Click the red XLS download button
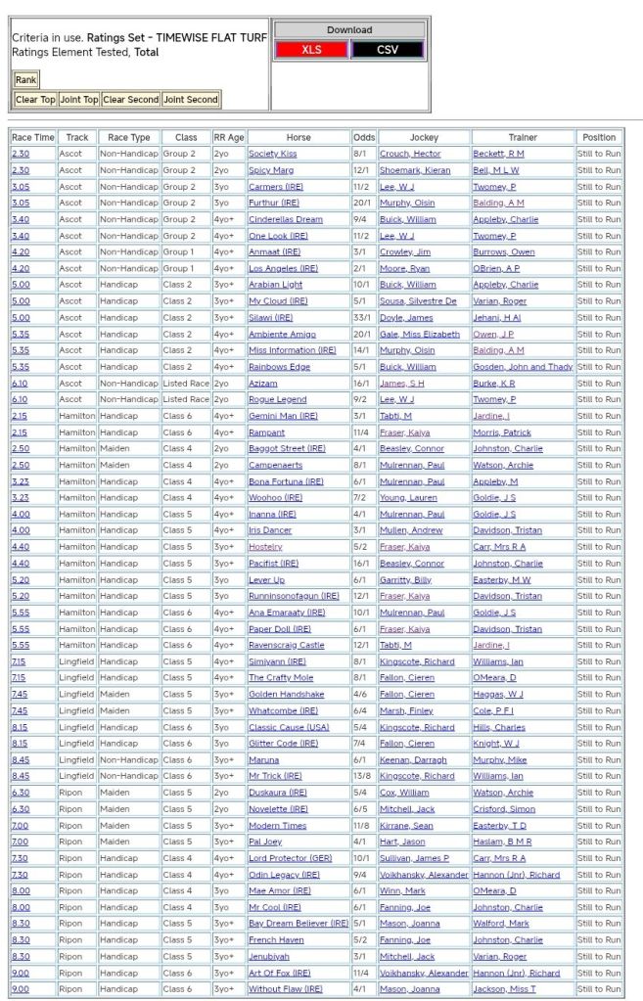(311, 50)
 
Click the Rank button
(25, 80)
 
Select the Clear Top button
(35, 100)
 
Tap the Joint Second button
(190, 100)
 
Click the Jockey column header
(424, 137)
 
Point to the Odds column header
(363, 137)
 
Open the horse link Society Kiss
(272, 154)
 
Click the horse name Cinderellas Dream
(285, 219)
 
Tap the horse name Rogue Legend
(277, 399)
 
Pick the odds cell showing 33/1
(363, 317)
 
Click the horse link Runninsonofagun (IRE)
(293, 596)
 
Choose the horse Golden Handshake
(286, 694)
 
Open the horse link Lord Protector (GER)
(291, 858)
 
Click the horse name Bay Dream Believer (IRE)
(298, 924)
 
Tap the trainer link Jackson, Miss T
(507, 989)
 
